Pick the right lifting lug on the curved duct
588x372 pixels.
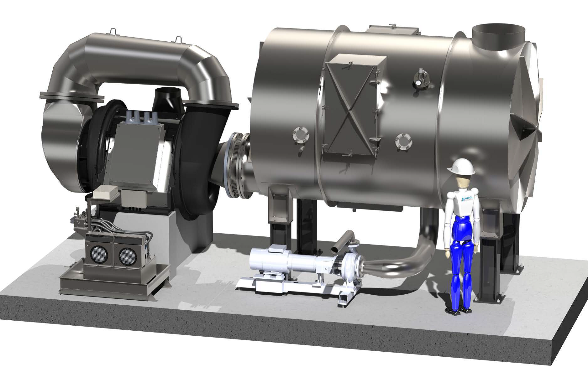(179, 39)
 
